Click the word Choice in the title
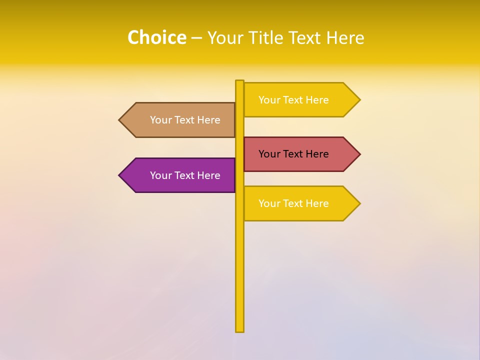(x=156, y=38)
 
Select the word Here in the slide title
(x=345, y=38)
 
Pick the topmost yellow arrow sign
(x=300, y=100)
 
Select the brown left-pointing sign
(x=180, y=120)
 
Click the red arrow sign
(x=300, y=154)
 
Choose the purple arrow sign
(x=180, y=175)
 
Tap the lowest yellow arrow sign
(x=300, y=203)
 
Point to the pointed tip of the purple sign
(x=120, y=175)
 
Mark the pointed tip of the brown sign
(x=120, y=120)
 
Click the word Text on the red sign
(x=293, y=154)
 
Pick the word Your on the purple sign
(x=161, y=175)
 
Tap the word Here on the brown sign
(x=208, y=120)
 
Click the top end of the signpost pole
(x=239, y=82)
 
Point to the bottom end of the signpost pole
(x=239, y=330)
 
